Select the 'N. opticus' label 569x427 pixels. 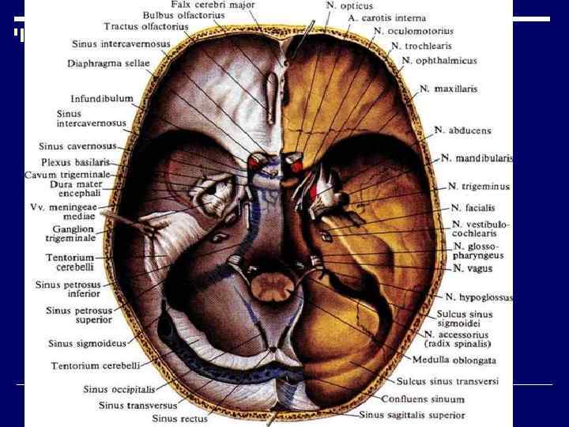tap(350, 6)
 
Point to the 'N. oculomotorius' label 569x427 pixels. tap(413, 32)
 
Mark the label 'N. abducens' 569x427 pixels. tap(462, 130)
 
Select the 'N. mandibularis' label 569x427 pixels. tap(477, 158)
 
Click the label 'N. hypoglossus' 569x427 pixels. tap(479, 297)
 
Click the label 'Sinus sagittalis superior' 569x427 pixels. tap(412, 414)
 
